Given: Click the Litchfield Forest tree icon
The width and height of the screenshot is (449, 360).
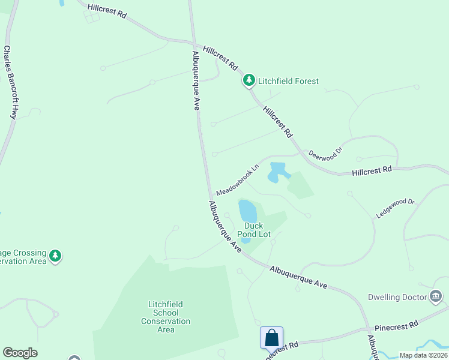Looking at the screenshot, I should (x=249, y=80).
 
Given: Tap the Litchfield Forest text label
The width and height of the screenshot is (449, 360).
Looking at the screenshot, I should (x=288, y=81).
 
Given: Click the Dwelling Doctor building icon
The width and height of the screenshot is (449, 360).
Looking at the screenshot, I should (x=436, y=296).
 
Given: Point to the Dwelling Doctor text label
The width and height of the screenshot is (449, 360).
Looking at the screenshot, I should (x=397, y=297).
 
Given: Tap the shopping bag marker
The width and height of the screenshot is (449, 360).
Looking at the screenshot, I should (x=271, y=337).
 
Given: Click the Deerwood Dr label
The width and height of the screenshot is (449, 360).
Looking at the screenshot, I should (x=325, y=152).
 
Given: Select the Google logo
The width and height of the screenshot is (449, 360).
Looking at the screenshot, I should (x=20, y=353).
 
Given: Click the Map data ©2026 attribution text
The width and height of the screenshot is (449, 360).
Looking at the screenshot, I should (x=423, y=355).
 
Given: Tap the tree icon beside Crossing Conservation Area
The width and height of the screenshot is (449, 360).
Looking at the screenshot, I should (x=55, y=256).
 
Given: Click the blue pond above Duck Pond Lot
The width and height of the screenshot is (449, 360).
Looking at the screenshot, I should (x=247, y=211).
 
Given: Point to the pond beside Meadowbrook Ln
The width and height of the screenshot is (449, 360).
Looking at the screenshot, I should (x=277, y=171).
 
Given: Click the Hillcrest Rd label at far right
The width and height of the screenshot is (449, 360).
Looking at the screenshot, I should (x=372, y=171).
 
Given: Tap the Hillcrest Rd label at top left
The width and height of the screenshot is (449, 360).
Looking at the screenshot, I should (x=107, y=12).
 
